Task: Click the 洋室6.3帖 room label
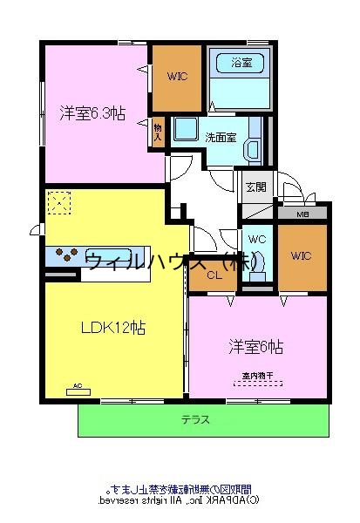[x=92, y=112]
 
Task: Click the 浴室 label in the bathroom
[x=241, y=62]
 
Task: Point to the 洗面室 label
[x=219, y=137]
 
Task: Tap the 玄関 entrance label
[x=255, y=186]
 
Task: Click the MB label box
[x=302, y=214]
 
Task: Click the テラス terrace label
[x=195, y=419]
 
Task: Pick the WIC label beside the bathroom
[x=178, y=76]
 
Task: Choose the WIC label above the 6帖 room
[x=301, y=255]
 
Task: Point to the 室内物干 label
[x=257, y=376]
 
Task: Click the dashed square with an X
[x=58, y=203]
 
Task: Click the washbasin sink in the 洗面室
[x=186, y=131]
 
